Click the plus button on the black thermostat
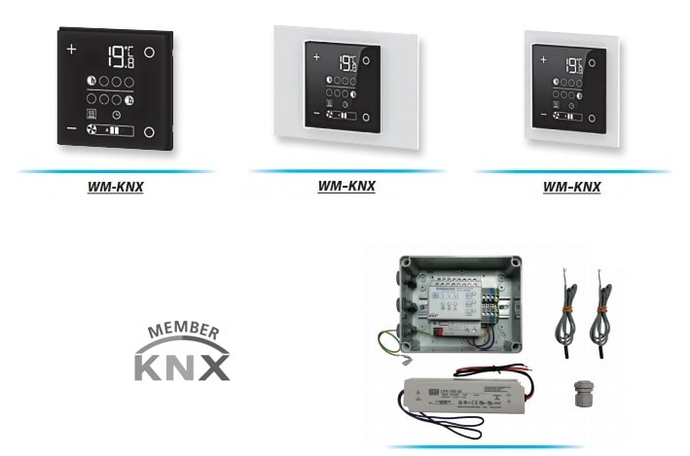click(x=70, y=49)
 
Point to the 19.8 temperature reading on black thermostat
click(x=121, y=57)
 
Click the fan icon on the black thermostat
click(x=93, y=129)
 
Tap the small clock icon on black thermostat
click(x=115, y=114)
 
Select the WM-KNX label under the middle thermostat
click(x=346, y=187)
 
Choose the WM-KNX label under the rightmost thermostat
click(x=571, y=187)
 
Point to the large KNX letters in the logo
click(x=182, y=366)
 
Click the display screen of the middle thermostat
click(x=341, y=88)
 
